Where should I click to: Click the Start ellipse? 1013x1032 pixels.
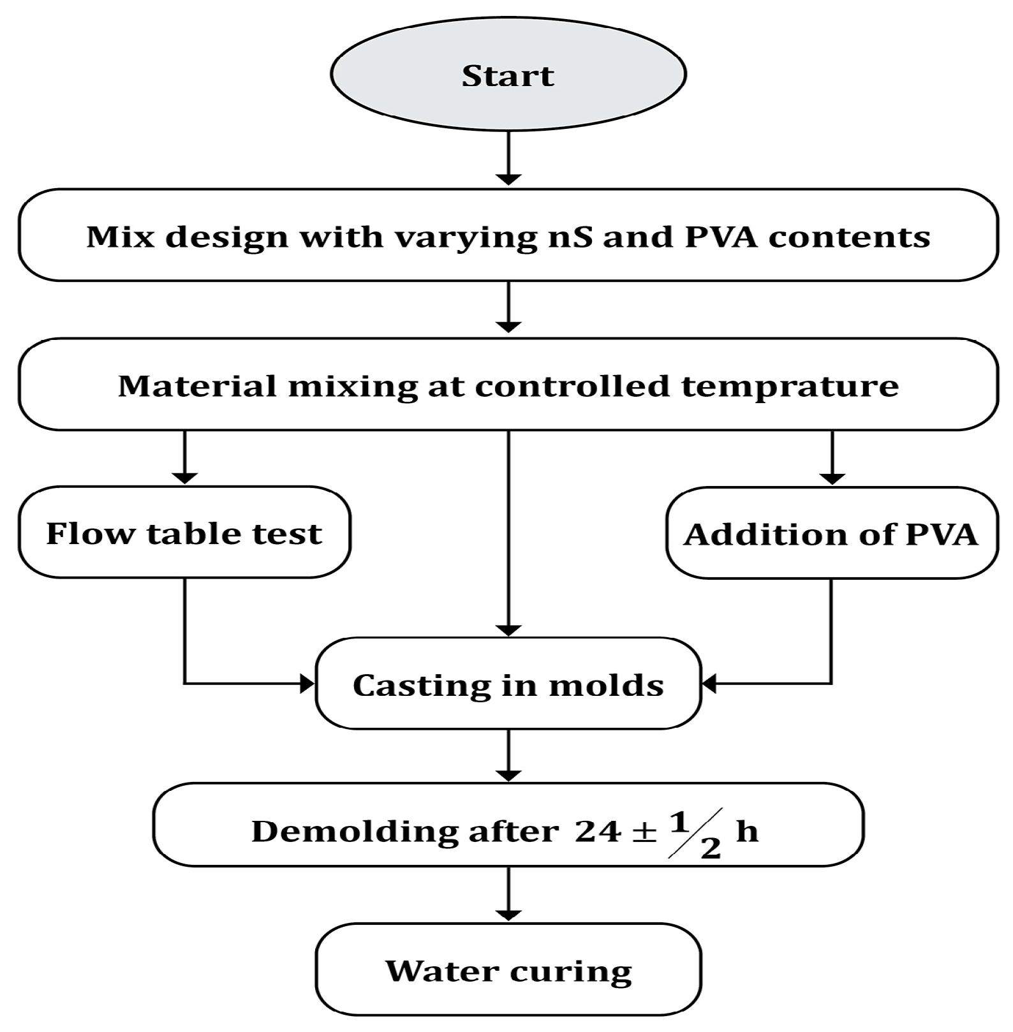point(508,75)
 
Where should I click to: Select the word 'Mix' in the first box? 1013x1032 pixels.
point(120,237)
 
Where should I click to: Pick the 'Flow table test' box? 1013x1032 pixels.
point(184,533)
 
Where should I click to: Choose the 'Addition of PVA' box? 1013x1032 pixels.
point(831,534)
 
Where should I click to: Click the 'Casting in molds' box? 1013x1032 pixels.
point(508,685)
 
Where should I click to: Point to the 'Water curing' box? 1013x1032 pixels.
point(508,971)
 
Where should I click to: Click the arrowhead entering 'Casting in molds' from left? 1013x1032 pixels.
point(308,684)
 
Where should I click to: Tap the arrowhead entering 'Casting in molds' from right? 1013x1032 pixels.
point(709,684)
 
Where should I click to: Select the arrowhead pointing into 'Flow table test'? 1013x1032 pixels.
point(184,478)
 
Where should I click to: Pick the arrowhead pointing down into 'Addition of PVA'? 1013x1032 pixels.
point(831,478)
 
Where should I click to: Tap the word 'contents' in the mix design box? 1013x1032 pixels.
point(848,237)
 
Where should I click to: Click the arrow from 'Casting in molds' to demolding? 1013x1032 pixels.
point(508,755)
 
